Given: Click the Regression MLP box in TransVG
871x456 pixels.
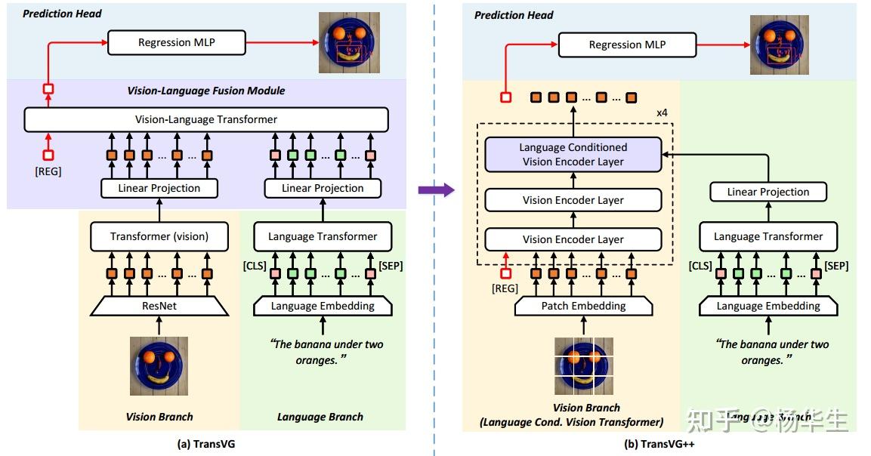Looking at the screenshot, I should (176, 43).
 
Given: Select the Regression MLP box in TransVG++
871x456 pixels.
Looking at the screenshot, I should (627, 45).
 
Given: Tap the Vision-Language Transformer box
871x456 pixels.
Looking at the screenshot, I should (205, 119).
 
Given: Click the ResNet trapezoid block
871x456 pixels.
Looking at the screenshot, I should (159, 306).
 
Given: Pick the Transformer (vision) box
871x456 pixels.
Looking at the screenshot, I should (159, 236).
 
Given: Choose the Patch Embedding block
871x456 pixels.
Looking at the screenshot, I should (583, 306).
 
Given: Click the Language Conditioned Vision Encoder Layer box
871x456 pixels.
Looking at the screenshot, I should (573, 155).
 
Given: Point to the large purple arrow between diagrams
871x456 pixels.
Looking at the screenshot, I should (436, 190).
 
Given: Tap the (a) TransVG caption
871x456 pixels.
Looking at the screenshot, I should (205, 444).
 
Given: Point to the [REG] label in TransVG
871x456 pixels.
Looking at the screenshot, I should (48, 172).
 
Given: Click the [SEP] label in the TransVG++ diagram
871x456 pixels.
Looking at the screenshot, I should (836, 266).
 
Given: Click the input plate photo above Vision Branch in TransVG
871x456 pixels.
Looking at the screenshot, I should (159, 366).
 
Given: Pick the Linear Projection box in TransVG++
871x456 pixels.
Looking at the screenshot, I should (768, 192).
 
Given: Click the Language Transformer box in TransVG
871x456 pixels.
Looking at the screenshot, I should (323, 236).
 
